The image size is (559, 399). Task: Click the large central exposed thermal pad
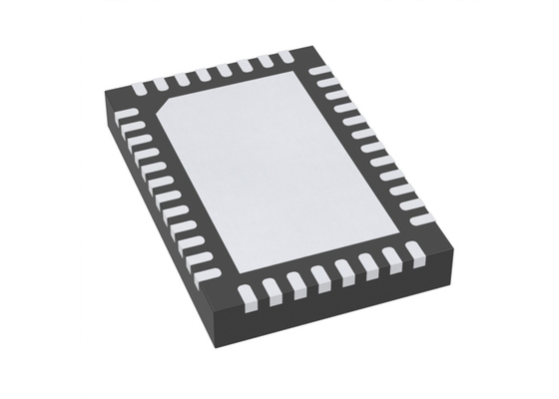[289, 170]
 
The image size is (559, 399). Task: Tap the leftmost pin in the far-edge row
[138, 89]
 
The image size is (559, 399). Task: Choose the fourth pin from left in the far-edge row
[204, 76]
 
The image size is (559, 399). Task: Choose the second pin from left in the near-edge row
[270, 290]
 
